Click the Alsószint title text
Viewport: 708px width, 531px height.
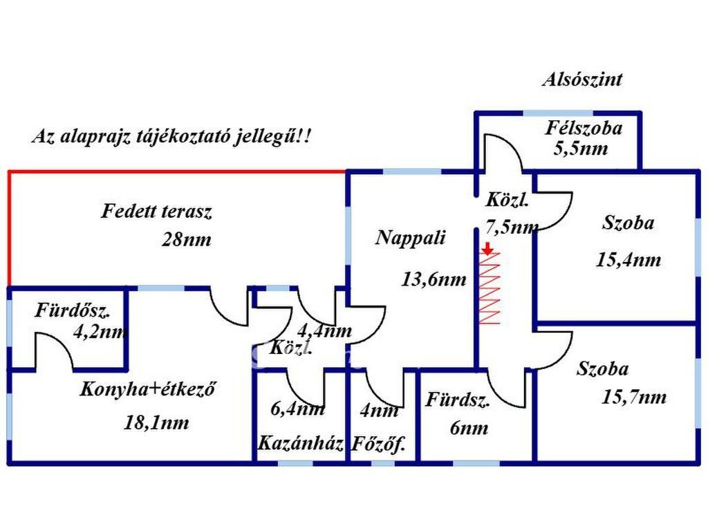point(581,80)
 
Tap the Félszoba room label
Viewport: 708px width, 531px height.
point(584,128)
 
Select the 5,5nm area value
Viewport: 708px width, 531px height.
point(581,148)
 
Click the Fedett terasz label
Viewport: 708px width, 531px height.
point(156,211)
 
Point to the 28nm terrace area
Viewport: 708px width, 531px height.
point(187,240)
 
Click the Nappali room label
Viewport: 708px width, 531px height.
point(411,238)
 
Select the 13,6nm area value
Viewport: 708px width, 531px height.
point(434,279)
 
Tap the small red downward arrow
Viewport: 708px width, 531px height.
point(487,249)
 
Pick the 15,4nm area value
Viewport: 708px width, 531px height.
point(628,260)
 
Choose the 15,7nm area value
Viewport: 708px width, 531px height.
point(634,397)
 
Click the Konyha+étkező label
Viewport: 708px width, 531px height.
point(149,389)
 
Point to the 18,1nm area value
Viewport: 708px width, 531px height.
point(157,422)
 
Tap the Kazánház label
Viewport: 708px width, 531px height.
point(301,443)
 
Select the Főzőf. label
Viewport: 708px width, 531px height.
point(378,444)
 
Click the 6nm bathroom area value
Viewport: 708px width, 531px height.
point(469,428)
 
